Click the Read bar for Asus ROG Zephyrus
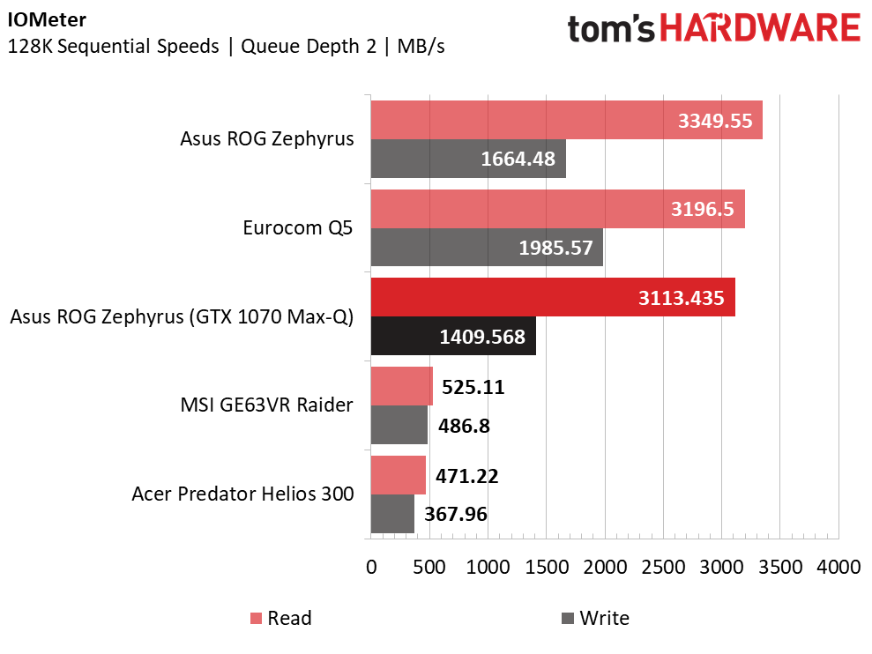pos(567,120)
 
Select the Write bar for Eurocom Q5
pos(488,248)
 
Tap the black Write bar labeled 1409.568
pos(453,336)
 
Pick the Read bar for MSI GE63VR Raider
pos(401,386)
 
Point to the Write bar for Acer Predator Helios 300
pos(392,514)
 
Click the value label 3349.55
pos(715,121)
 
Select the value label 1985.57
pos(555,248)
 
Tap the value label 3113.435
pos(682,298)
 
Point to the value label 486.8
pos(464,426)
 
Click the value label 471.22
pos(466,476)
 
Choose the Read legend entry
pos(281,618)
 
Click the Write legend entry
pos(596,618)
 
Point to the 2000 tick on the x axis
pos(605,568)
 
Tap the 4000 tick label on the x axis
pos(838,568)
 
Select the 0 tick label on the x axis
pos(371,568)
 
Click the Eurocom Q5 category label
pos(297,227)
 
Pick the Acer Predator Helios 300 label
pos(242,494)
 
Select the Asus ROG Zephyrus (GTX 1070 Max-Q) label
pos(182,316)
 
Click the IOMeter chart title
pos(47,19)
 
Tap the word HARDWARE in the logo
pos(760,28)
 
